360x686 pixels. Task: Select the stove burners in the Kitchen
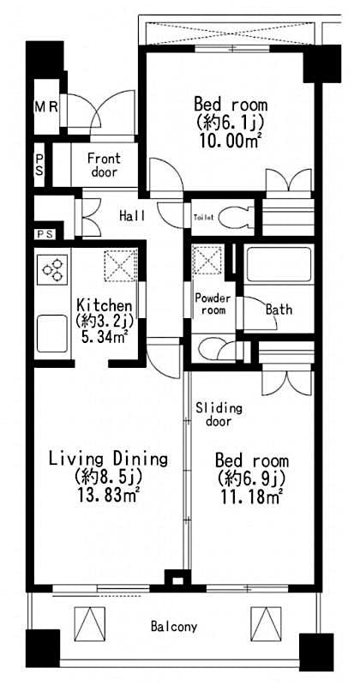point(52,270)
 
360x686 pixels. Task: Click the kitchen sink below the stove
point(52,333)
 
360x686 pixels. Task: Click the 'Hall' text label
point(131,215)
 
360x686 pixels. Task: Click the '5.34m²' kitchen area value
point(104,336)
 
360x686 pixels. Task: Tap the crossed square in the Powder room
point(207,260)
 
